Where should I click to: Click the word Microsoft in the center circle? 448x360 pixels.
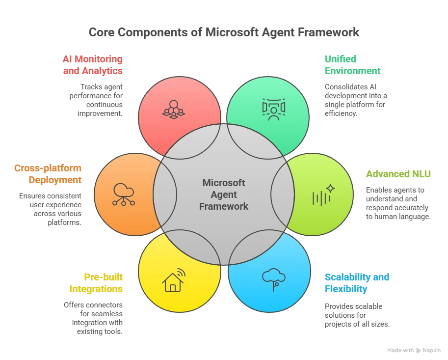pyautogui.click(x=224, y=183)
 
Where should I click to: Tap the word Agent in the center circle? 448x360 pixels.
pyautogui.click(x=224, y=194)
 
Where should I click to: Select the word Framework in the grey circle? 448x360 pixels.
pyautogui.click(x=224, y=206)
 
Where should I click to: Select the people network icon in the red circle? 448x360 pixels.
pyautogui.click(x=173, y=109)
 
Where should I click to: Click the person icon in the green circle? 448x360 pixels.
pyautogui.click(x=273, y=110)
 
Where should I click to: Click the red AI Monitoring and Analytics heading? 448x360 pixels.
pyautogui.click(x=92, y=65)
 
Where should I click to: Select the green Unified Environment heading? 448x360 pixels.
pyautogui.click(x=351, y=65)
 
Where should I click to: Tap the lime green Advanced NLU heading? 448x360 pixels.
pyautogui.click(x=398, y=174)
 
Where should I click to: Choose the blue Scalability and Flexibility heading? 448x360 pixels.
pyautogui.click(x=357, y=283)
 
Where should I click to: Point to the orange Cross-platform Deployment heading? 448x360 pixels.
pyautogui.click(x=48, y=174)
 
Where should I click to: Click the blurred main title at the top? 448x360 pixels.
pyautogui.click(x=224, y=32)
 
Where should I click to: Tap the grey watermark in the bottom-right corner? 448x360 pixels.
pyautogui.click(x=413, y=349)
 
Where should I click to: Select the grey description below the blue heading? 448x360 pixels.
pyautogui.click(x=356, y=315)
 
